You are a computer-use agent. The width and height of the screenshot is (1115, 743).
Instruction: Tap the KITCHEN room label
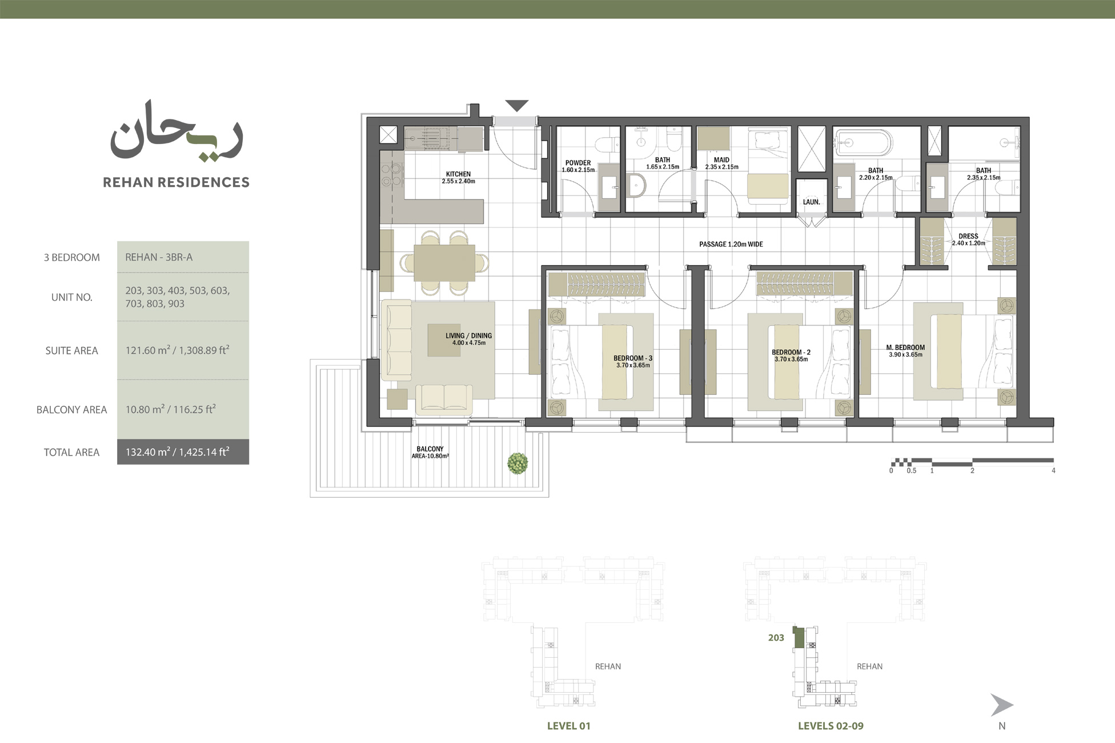pyautogui.click(x=458, y=174)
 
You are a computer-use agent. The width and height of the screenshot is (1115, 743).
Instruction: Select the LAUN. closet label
pyautogui.click(x=811, y=202)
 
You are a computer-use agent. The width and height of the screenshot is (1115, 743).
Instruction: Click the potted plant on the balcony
pyautogui.click(x=518, y=463)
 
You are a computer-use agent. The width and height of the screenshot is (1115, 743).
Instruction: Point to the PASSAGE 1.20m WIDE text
pyautogui.click(x=731, y=244)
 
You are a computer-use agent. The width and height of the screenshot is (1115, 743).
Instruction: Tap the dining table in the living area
pyautogui.click(x=444, y=263)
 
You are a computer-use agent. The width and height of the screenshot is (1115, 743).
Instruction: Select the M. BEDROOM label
pyautogui.click(x=905, y=347)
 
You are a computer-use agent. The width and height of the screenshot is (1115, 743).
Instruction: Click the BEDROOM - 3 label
pyautogui.click(x=633, y=358)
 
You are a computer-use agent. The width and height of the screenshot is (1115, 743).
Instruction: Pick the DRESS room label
pyautogui.click(x=968, y=236)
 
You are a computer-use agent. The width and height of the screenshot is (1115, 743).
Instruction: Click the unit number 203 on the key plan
pyautogui.click(x=776, y=638)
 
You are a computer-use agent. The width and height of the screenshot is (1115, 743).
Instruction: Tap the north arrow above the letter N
pyautogui.click(x=1001, y=705)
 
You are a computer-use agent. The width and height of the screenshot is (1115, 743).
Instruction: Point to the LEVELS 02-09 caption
pyautogui.click(x=831, y=726)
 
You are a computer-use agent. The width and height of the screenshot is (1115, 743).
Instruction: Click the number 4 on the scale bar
pyautogui.click(x=1053, y=471)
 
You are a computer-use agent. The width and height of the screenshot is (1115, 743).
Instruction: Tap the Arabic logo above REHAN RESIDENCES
pyautogui.click(x=176, y=131)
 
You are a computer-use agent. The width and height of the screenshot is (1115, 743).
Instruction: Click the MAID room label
pyautogui.click(x=721, y=160)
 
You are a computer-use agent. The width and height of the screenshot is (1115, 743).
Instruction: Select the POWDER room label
pyautogui.click(x=578, y=163)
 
